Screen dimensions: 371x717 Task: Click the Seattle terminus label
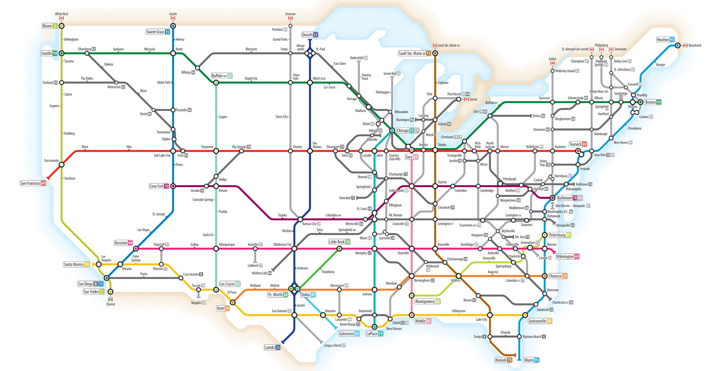[x=49, y=53]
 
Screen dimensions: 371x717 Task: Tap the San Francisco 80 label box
[x=33, y=183]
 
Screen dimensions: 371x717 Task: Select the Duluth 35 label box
[x=310, y=35]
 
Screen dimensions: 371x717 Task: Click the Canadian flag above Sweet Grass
[x=173, y=18]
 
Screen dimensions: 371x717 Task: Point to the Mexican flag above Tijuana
[x=110, y=299]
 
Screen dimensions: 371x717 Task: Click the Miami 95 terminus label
[x=531, y=360]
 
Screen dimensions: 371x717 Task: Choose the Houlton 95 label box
[x=665, y=40]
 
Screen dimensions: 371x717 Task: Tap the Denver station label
[x=223, y=190]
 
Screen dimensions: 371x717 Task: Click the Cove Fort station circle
[x=173, y=186]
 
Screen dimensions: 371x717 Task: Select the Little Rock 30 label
[x=339, y=242]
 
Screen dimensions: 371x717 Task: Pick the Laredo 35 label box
[x=272, y=347]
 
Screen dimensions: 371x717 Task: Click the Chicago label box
[x=408, y=131]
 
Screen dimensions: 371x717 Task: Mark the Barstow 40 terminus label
[x=123, y=243]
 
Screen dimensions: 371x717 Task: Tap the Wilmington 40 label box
[x=568, y=257]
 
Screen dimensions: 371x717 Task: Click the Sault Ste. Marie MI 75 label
[x=414, y=53]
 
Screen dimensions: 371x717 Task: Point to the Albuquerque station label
[x=227, y=244]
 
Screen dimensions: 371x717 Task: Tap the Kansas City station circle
[x=300, y=219]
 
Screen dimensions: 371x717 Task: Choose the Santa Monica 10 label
[x=76, y=264]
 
